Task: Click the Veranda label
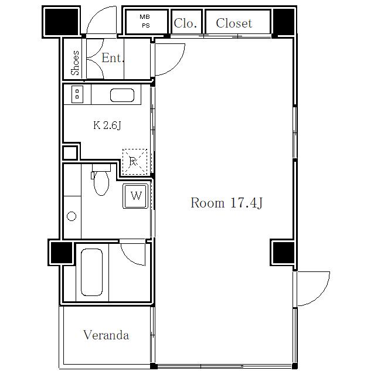(106, 335)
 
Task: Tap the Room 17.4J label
(227, 203)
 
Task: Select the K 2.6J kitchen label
(107, 125)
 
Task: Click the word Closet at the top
(234, 23)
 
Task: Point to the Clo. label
(185, 23)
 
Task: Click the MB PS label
(145, 21)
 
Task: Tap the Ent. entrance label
(113, 57)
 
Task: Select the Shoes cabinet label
(75, 63)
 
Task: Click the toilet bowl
(101, 181)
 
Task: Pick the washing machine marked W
(135, 196)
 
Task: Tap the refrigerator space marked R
(134, 162)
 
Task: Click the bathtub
(92, 272)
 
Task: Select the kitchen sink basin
(122, 95)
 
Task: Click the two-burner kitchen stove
(77, 94)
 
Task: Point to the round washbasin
(72, 216)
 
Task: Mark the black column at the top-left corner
(62, 22)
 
